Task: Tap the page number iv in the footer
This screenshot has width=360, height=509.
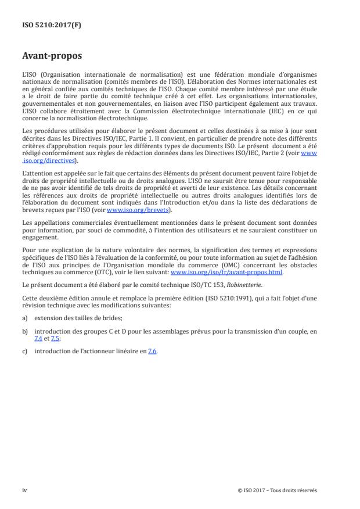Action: coord(24,490)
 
